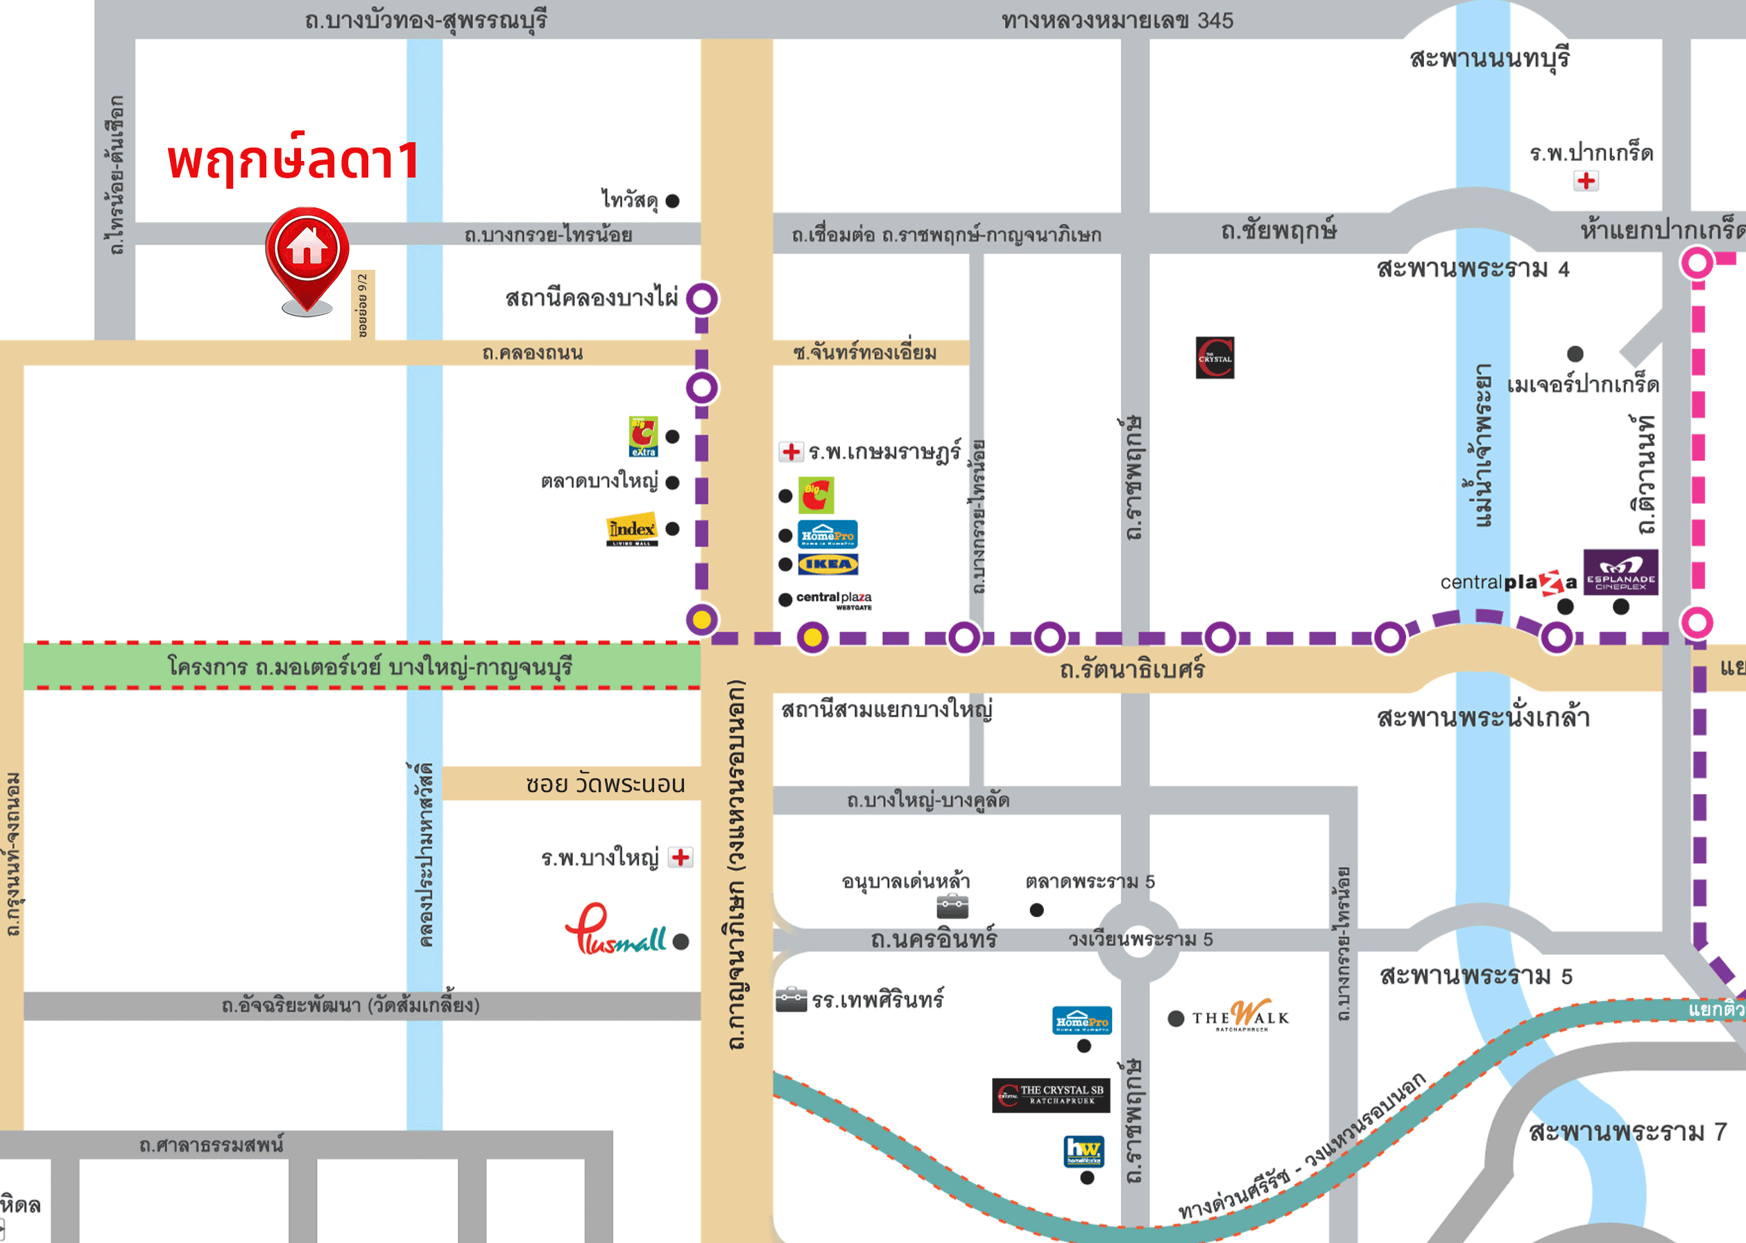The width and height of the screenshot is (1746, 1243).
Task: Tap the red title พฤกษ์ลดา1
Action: click(x=293, y=161)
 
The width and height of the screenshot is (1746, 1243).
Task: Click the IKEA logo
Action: click(x=828, y=564)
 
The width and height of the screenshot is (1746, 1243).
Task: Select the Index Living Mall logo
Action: click(x=631, y=529)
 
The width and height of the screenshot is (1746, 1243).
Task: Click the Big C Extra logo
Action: click(x=643, y=436)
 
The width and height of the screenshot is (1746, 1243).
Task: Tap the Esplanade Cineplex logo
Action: click(x=1620, y=572)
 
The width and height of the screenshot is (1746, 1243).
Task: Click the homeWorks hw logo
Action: click(x=1084, y=1150)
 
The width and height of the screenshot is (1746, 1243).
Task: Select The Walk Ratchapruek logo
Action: click(x=1241, y=1015)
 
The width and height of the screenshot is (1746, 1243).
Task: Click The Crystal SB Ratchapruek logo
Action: click(x=1050, y=1095)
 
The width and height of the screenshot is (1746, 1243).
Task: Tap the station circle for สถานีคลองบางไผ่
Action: click(x=702, y=298)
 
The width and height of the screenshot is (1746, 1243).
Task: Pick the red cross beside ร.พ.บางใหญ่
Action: click(x=680, y=857)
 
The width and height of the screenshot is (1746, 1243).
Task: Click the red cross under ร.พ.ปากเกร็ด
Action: click(x=1586, y=180)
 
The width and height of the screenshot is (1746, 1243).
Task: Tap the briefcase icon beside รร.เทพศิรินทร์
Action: click(x=791, y=1000)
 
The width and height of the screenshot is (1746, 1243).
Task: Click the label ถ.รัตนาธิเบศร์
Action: click(x=1131, y=671)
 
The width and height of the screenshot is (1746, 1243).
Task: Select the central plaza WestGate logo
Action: click(x=834, y=600)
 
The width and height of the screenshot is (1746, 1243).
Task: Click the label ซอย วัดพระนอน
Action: click(x=605, y=785)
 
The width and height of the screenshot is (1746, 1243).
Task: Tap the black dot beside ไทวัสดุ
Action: click(x=672, y=201)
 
